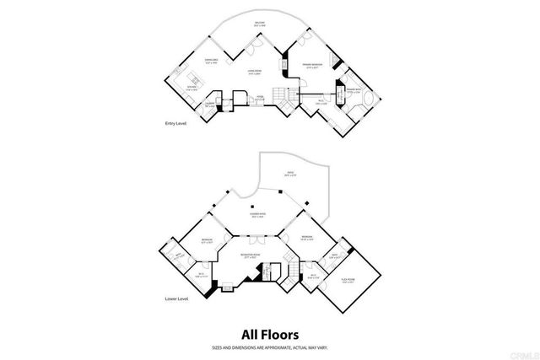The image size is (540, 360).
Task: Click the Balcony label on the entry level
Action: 260,24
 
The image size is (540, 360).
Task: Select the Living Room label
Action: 253,73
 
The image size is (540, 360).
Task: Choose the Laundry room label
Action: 210,104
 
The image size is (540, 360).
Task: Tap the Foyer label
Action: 261,98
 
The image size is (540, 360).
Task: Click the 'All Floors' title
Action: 269,334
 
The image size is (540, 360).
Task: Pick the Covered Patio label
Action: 256,215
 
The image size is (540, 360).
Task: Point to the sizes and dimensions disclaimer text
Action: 269,347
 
